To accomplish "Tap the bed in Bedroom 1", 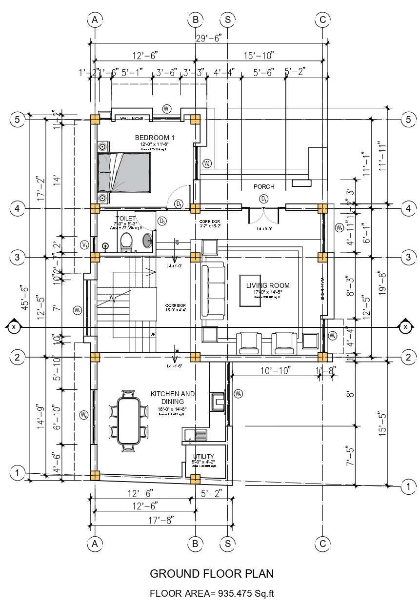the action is pos(123,172).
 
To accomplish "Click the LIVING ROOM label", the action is pos(268,285).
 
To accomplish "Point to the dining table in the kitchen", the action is pos(129,419).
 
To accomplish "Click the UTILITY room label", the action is pos(203,457).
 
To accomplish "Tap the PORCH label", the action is pos(264,187).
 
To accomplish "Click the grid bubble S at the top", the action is pos(228,20).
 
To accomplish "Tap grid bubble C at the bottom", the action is pos(322,543).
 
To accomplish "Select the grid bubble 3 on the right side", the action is pos(407,257).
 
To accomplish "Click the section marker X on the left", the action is pos(13,327).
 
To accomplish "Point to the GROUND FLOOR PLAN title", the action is pos(212,573).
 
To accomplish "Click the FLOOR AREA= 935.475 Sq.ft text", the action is pos(212,594).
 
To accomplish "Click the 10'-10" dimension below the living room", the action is pos(269,370).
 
